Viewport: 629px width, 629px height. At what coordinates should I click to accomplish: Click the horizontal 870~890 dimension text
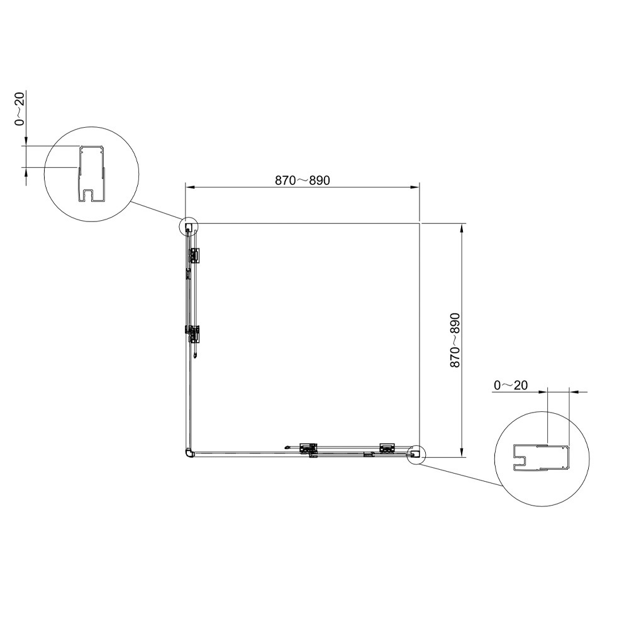tap(303, 181)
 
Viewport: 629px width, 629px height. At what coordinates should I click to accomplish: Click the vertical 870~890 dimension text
tap(455, 340)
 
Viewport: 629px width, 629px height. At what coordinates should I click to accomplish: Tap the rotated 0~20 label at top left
tap(19, 109)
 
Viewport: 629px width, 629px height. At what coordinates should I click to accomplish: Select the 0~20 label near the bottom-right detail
tap(511, 386)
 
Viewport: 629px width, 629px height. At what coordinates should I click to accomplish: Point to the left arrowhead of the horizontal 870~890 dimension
tap(190, 187)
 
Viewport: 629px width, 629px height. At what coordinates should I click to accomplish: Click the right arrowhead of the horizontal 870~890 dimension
tap(415, 187)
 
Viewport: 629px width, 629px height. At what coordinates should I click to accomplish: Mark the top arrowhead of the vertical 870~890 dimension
tap(462, 229)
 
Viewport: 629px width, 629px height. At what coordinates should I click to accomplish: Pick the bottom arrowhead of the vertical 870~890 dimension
tap(462, 452)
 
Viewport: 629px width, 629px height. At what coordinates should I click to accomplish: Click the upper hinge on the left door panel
tap(193, 255)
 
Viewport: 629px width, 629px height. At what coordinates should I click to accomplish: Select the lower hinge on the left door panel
tap(192, 334)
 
